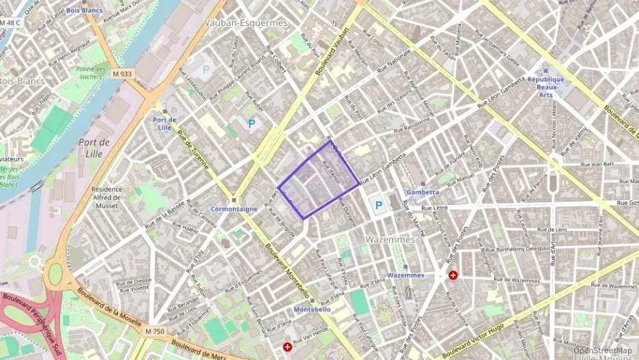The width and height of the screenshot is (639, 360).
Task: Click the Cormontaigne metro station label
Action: [x=233, y=209]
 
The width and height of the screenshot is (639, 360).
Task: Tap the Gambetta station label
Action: [x=423, y=192]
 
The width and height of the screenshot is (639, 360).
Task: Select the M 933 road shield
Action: [x=124, y=74]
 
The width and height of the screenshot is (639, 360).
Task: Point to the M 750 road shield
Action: [x=155, y=331]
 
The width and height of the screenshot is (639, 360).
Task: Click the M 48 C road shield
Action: [x=10, y=23]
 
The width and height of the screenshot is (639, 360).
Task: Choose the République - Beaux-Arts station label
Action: [x=545, y=87]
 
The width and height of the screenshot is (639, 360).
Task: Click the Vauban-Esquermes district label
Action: [x=246, y=23]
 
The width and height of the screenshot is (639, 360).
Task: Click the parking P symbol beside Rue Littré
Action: [x=378, y=204]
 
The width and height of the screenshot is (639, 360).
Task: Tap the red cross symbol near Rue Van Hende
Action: [x=287, y=347]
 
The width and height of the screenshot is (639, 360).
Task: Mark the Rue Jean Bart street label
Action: [x=597, y=165]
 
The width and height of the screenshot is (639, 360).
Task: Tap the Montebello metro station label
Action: [x=312, y=309]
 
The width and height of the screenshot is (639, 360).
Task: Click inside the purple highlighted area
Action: [x=317, y=181]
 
